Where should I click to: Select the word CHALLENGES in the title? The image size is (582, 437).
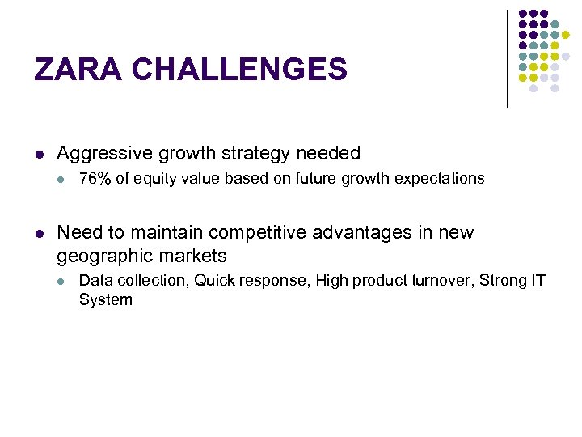239,70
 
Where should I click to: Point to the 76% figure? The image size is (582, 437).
95,179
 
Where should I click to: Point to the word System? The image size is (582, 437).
105,300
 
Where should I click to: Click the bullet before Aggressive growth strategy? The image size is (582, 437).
38,154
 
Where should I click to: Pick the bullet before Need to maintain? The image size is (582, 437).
38,234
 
